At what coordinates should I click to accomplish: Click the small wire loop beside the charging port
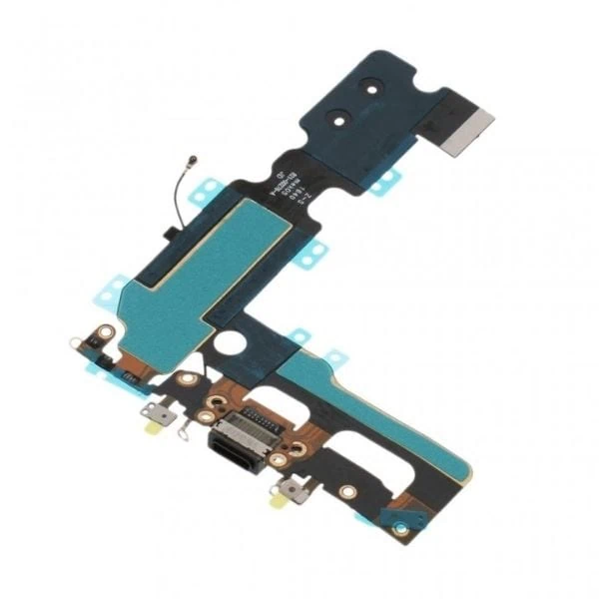pyautogui.click(x=183, y=432)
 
